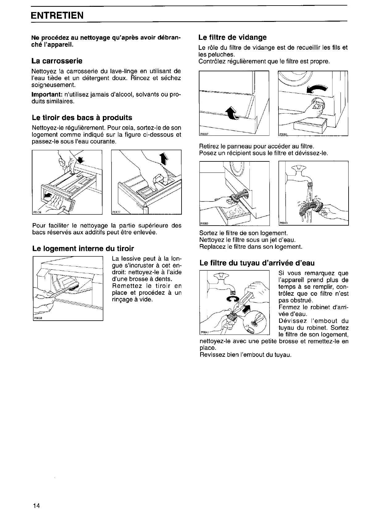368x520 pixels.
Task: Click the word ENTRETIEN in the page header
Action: click(57, 15)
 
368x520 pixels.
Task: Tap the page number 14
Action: click(36, 505)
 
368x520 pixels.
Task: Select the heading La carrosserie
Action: click(57, 60)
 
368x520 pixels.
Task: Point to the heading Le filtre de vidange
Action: click(232, 37)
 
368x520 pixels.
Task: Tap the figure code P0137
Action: click(116, 212)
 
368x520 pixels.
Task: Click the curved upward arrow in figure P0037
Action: click(232, 114)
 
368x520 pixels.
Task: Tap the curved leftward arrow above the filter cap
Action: click(317, 89)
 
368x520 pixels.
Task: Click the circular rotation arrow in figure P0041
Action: click(232, 299)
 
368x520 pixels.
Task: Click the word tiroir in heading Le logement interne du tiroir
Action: click(124, 248)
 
